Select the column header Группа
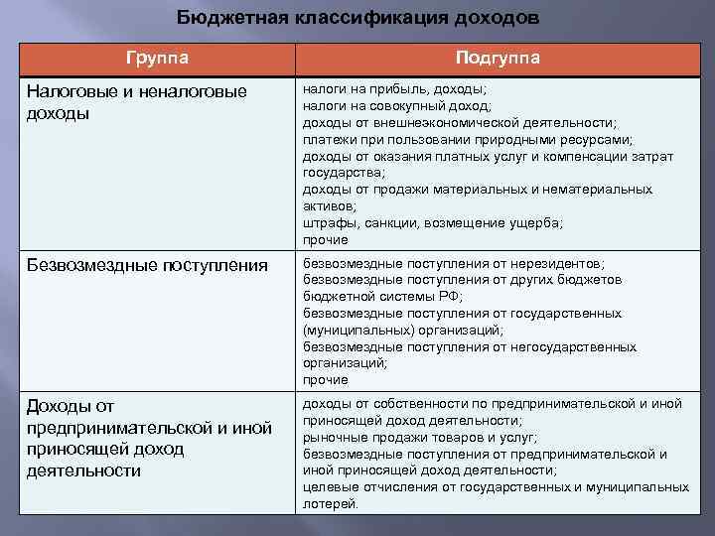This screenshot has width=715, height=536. click(157, 58)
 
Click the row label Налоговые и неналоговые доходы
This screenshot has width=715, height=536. click(136, 101)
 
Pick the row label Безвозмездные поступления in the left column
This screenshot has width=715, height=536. click(147, 265)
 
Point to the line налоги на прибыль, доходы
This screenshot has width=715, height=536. click(394, 88)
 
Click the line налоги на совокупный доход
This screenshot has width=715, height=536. click(396, 105)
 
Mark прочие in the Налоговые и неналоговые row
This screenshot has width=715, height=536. click(326, 240)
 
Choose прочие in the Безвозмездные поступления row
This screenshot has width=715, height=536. click(326, 380)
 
